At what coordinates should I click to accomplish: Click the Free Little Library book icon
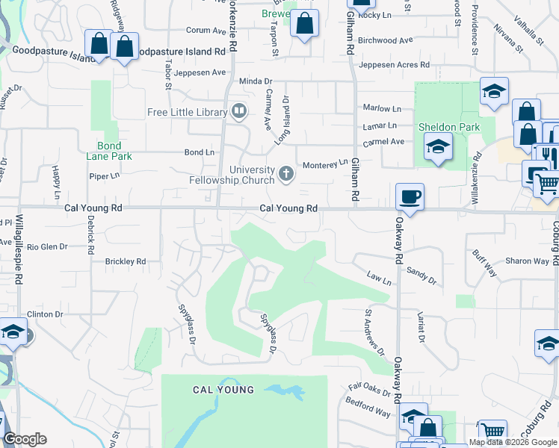pyautogui.click(x=239, y=112)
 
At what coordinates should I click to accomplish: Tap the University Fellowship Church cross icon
pyautogui.click(x=285, y=175)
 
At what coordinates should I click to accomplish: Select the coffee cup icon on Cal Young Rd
pyautogui.click(x=410, y=197)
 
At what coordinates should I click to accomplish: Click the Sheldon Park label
pyautogui.click(x=448, y=128)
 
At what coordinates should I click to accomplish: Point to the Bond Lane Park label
pyautogui.click(x=114, y=151)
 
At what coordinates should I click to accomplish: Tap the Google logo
pyautogui.click(x=25, y=439)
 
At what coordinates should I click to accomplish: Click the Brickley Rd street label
pyautogui.click(x=125, y=262)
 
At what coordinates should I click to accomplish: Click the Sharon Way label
pyautogui.click(x=527, y=261)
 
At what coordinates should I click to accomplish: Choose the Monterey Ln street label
pyautogui.click(x=324, y=164)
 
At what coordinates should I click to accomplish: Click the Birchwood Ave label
pyautogui.click(x=386, y=40)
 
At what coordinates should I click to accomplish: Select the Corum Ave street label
pyautogui.click(x=206, y=31)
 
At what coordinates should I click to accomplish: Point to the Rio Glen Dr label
pyautogui.click(x=47, y=246)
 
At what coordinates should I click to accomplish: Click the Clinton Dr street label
pyautogui.click(x=45, y=314)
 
